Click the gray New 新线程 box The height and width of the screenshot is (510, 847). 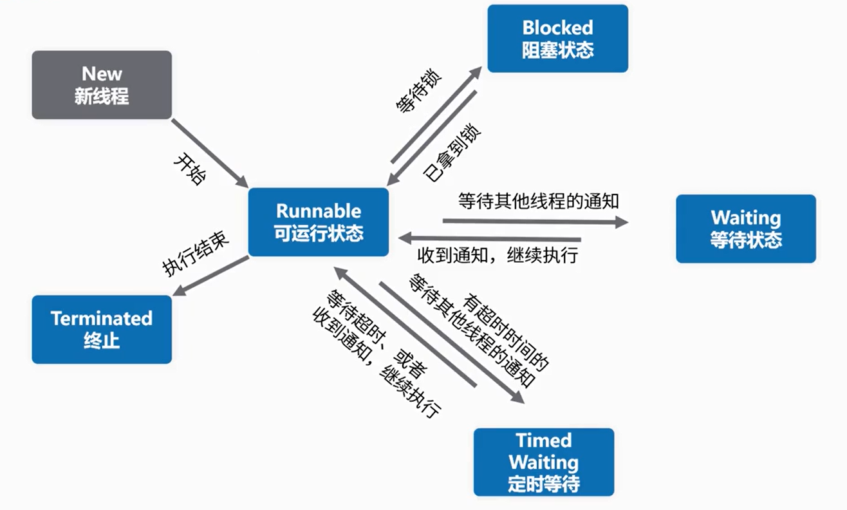coord(102,85)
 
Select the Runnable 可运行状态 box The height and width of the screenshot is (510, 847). coord(319,222)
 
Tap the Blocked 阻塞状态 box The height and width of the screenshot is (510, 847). coord(557,39)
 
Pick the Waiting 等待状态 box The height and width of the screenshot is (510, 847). coord(745,229)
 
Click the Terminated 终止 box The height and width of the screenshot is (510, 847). coord(102,329)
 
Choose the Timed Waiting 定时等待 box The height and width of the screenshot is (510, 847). coord(544,462)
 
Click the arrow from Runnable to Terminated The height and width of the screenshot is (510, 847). coord(210,276)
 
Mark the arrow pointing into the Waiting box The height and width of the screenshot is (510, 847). coord(534,222)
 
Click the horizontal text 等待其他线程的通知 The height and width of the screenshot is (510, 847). coord(538,201)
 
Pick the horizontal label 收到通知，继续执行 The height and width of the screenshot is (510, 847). coord(498,254)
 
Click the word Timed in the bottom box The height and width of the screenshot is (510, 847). coord(543,440)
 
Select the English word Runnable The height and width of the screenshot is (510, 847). coord(319,211)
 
